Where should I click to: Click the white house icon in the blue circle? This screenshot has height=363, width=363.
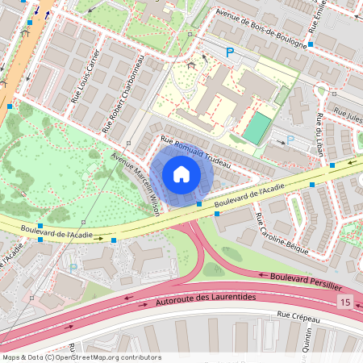(181, 174)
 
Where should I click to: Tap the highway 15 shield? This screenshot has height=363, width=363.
(346, 301)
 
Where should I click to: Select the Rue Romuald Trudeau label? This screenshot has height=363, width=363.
(196, 153)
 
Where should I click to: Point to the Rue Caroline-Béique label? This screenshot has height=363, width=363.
(282, 235)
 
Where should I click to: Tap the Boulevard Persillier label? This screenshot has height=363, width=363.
(305, 281)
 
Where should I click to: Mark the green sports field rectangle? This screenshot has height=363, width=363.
(257, 129)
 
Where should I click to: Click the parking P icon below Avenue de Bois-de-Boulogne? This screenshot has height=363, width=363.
(230, 52)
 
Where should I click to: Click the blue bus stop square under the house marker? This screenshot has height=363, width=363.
(199, 204)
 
